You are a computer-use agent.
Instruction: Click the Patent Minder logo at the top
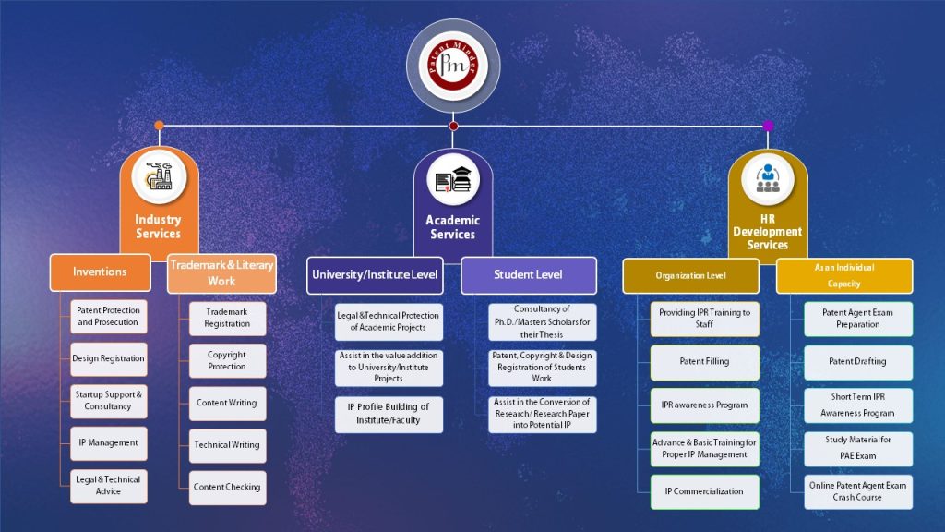click(x=453, y=66)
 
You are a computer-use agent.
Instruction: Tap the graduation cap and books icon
click(x=453, y=180)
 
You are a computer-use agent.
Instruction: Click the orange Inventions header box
click(x=100, y=272)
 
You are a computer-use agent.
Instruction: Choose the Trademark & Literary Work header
click(x=221, y=272)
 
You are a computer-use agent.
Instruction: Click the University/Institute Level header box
click(x=375, y=274)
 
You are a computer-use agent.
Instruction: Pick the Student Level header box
click(x=528, y=274)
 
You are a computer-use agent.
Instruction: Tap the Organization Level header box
click(x=690, y=275)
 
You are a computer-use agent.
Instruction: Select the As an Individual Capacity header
click(x=843, y=275)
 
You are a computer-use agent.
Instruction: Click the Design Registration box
click(x=108, y=358)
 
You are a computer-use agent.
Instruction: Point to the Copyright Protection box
click(x=227, y=360)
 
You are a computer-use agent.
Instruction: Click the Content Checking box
click(x=227, y=487)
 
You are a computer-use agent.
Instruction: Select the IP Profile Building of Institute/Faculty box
click(x=389, y=414)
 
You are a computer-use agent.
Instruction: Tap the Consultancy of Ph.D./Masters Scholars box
click(x=542, y=321)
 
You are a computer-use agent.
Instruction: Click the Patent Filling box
click(x=704, y=362)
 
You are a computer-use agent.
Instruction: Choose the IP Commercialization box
click(x=704, y=491)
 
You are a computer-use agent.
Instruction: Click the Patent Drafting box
click(x=857, y=362)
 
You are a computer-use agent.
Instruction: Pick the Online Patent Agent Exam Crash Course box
click(x=857, y=491)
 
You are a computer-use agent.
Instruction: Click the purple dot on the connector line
click(x=768, y=126)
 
